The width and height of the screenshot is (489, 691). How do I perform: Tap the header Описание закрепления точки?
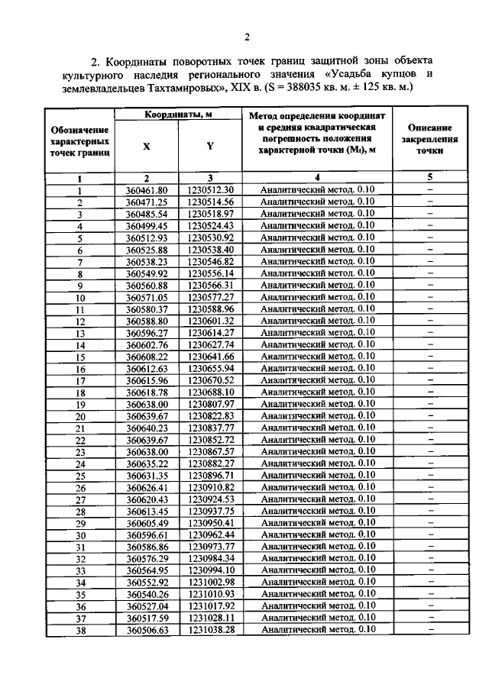click(429, 140)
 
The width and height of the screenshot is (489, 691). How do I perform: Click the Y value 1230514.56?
click(209, 202)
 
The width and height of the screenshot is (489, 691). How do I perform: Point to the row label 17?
click(79, 380)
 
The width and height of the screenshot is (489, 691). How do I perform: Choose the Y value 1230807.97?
click(209, 404)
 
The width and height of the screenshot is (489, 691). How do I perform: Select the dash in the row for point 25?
click(429, 475)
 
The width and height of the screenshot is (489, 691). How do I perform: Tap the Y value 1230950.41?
click(209, 522)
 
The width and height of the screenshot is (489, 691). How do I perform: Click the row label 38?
click(79, 629)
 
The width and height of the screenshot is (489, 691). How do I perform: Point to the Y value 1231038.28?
click(209, 629)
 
